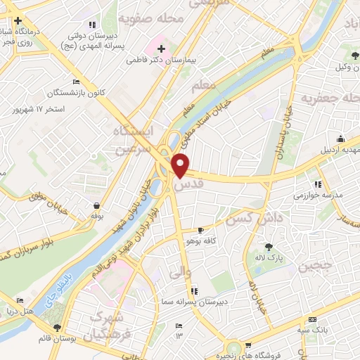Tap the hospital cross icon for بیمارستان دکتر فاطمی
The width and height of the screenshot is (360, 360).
tap(162, 49)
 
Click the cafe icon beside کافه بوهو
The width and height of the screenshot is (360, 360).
tap(201, 230)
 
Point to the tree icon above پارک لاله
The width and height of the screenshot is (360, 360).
tap(269, 246)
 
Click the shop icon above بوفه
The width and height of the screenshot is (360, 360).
tap(96, 205)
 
